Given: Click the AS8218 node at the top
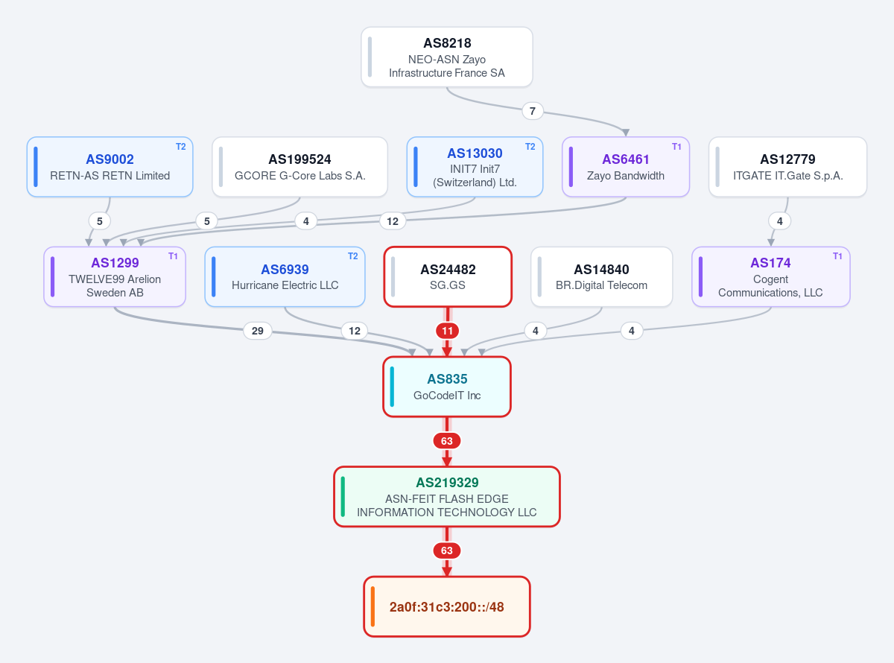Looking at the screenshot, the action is pos(446,57).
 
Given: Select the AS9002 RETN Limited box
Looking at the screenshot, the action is pos(110,167).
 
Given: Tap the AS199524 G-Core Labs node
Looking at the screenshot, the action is pos(299,167).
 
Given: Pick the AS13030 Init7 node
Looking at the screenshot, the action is pos(475,167).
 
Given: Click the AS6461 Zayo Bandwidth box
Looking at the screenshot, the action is pos(626,167).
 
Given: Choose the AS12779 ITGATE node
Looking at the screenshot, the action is pos(787,167).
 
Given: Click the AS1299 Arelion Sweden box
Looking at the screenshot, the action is pos(115,277).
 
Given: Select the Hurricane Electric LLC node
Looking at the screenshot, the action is pos(285,277).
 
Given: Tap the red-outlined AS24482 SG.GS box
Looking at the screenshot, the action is pos(448,277).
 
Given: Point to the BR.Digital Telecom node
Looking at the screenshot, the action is pos(601,277).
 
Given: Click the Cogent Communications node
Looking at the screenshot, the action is pos(770,277).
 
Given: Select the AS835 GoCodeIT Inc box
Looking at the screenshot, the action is pos(446,387).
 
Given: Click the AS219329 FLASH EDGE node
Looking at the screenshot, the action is pos(446,497).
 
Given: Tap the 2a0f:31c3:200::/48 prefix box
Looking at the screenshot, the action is pos(446,606).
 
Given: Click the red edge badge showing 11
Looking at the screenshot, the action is pos(447,331).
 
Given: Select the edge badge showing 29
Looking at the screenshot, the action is pos(258,331).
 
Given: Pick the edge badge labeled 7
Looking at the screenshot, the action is pos(533,111).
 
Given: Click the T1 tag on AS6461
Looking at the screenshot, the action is pos(676,147).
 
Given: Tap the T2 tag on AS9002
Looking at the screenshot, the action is pos(180,147).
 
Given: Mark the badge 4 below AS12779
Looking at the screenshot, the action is pos(779,221).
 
